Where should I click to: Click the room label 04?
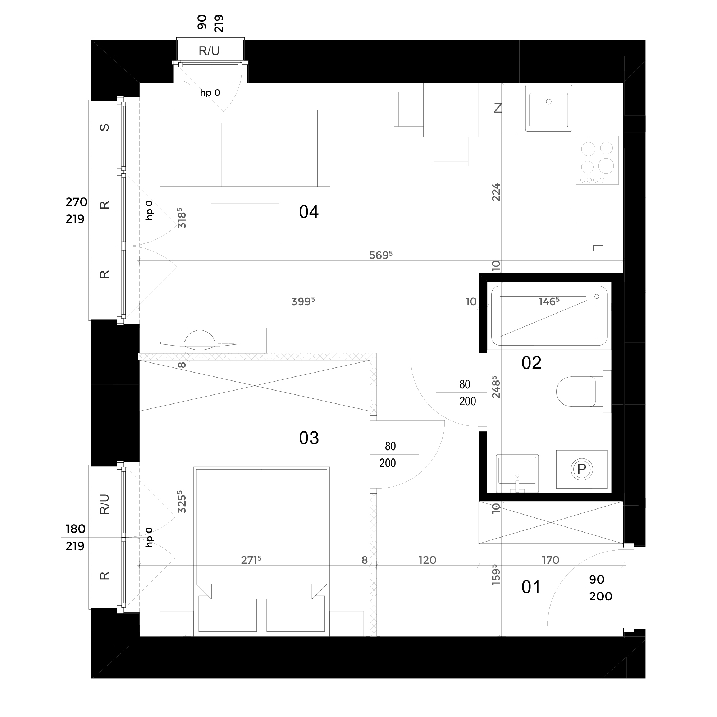(309, 212)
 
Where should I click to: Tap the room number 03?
(309, 438)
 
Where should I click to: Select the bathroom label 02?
(531, 362)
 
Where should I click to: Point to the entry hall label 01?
(531, 587)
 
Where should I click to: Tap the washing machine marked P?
(581, 469)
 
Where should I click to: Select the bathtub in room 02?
(549, 315)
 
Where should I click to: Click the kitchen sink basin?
(548, 108)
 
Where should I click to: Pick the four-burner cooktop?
(597, 160)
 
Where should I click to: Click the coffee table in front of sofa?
(245, 222)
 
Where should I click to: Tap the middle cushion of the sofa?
(245, 154)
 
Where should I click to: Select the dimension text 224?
(496, 192)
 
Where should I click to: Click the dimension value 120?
(427, 560)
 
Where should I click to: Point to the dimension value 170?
(551, 560)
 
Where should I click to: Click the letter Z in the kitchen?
(498, 108)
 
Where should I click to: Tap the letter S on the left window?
(105, 127)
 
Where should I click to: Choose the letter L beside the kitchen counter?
(598, 247)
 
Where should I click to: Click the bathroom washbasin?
(517, 472)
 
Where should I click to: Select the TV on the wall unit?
(200, 343)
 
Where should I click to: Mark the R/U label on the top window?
(209, 51)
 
